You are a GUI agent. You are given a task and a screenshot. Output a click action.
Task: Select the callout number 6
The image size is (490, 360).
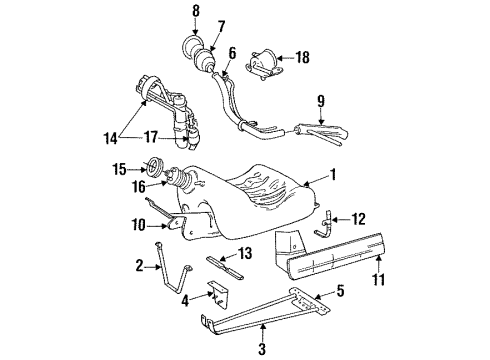click(232, 53)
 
